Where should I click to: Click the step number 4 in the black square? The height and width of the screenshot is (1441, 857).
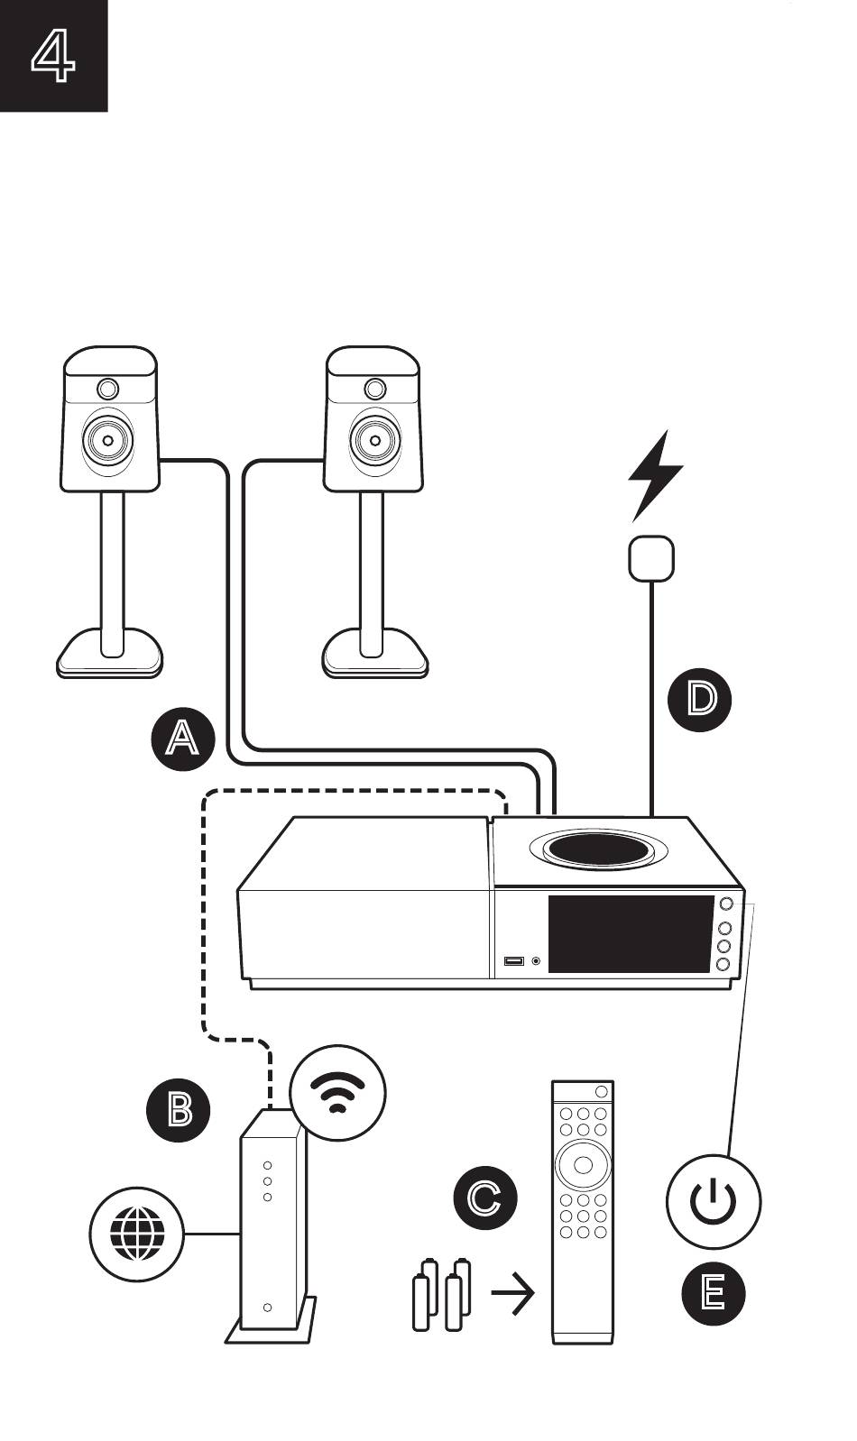[53, 56]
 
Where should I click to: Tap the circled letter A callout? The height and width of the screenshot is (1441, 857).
[183, 739]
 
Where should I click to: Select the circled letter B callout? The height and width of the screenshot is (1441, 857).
[179, 1110]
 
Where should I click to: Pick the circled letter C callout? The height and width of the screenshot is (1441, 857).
[485, 1198]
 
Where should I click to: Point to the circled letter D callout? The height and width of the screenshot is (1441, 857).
[700, 699]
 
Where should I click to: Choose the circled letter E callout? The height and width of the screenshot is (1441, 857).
[713, 1293]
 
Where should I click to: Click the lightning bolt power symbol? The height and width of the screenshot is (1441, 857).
[655, 475]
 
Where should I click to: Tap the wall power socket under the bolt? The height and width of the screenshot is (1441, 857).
[651, 558]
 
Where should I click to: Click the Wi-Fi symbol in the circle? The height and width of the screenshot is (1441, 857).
[337, 1093]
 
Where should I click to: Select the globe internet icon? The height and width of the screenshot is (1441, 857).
[136, 1234]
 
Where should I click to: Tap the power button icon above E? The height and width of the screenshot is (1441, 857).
[714, 1201]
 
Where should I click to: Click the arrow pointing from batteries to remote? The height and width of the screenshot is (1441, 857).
[512, 1292]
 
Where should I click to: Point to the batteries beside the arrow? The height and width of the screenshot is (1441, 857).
[441, 1294]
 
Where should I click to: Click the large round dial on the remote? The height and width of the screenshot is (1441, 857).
[583, 1164]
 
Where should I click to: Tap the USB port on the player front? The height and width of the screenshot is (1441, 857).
[514, 961]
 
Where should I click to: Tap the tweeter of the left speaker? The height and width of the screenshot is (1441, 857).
[108, 389]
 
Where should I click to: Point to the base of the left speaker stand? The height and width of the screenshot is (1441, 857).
[109, 652]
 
